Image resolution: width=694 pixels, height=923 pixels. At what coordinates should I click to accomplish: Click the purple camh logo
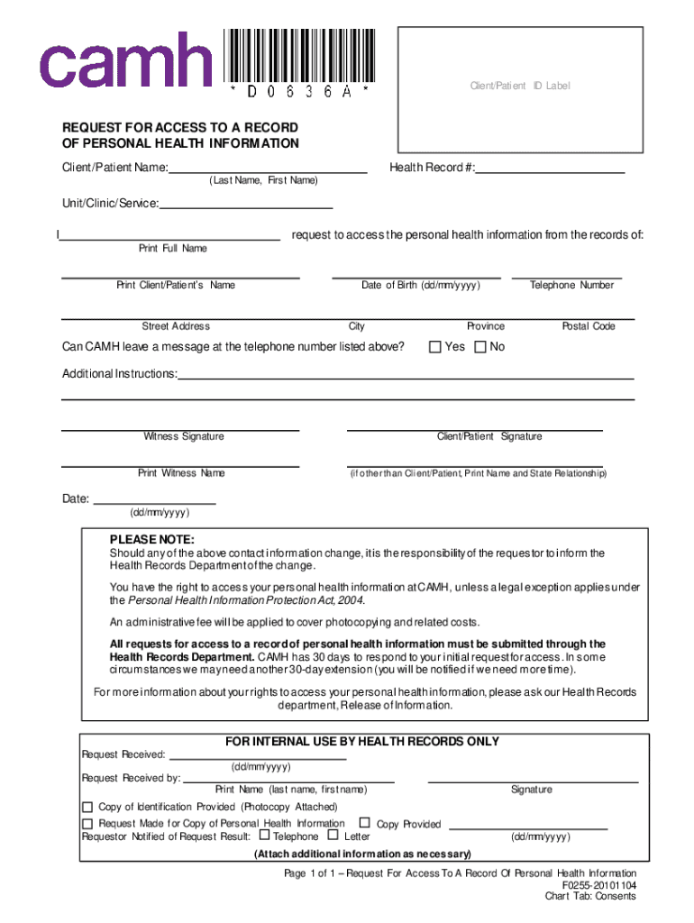coord(124,59)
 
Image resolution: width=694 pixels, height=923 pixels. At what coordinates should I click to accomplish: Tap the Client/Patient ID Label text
coord(520,86)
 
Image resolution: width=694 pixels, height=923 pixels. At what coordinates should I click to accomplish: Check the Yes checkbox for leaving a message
coord(434,347)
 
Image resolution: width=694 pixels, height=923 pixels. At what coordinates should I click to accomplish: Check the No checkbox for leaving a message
coord(479,347)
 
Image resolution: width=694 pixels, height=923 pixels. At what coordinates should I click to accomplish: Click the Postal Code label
coord(589,326)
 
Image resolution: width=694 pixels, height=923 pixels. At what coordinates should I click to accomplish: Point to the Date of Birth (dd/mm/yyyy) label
coord(420,285)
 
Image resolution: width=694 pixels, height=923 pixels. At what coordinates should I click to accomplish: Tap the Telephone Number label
coord(571,285)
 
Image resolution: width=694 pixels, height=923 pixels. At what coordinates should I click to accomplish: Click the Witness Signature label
coord(184,436)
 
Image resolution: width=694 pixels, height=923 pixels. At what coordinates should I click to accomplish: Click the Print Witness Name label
coord(181,473)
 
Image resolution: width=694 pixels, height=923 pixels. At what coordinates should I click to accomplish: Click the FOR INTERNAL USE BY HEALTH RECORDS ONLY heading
coord(361,742)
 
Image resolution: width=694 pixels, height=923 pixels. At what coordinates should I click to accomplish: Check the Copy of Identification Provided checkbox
coord(87,807)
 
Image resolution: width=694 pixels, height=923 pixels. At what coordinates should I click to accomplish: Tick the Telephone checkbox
coord(264,836)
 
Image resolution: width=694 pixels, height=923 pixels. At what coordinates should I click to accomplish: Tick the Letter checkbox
coord(334,836)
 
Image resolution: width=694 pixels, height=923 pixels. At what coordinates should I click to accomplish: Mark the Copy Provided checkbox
coord(365,823)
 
